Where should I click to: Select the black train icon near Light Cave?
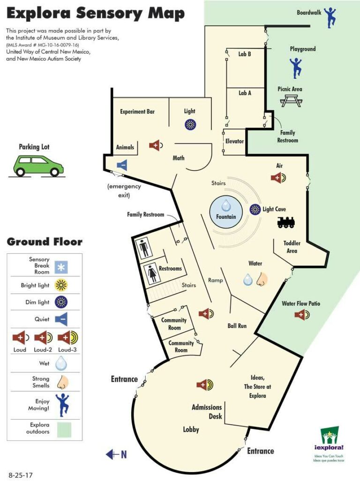tap(286, 222)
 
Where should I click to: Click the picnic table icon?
tap(291, 101)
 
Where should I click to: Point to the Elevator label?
tap(234, 141)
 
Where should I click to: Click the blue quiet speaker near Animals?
tap(122, 165)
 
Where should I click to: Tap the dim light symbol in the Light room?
tap(190, 125)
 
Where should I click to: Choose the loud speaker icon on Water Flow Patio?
tap(302, 314)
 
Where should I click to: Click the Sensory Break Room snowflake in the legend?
tap(61, 267)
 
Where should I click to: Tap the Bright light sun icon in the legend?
tap(61, 285)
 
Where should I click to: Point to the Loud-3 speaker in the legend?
tap(68, 338)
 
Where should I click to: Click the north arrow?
tap(116, 454)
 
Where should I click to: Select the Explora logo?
tap(329, 442)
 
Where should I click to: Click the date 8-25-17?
tap(21, 475)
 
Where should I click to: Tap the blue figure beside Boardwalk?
tap(330, 18)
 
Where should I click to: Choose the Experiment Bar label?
tap(137, 111)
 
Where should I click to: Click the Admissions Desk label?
tap(207, 412)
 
